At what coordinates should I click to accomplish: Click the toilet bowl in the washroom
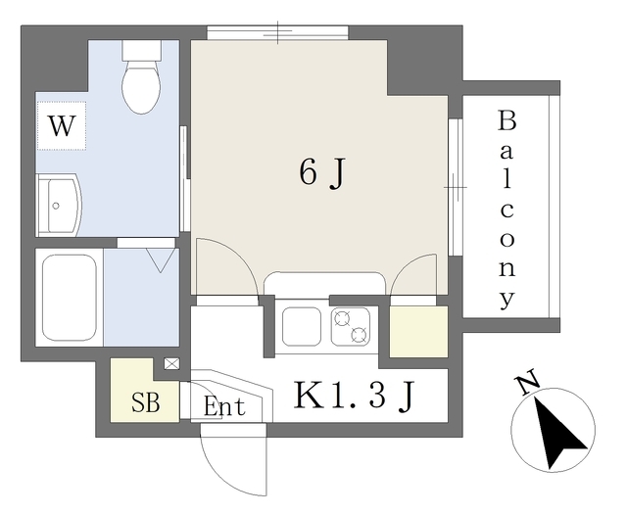coord(141,87)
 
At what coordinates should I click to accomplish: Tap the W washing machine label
coord(61,125)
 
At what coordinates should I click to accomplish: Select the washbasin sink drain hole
coord(56,207)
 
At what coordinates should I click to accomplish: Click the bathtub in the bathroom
coord(70,298)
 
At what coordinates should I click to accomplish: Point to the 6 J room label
coord(321,173)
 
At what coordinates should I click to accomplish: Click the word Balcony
coord(506,210)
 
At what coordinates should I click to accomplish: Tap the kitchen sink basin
coord(301,326)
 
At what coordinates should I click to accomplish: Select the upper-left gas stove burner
coord(342,319)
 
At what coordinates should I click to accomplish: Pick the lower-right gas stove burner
coord(359,335)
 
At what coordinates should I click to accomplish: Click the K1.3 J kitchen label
coord(354,396)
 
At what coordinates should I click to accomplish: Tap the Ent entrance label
coord(224,406)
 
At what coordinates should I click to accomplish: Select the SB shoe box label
coord(146,402)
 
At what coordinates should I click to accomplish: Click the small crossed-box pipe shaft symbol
coord(171,363)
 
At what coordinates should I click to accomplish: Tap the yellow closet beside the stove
coord(418,332)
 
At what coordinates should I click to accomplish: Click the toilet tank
coord(141,50)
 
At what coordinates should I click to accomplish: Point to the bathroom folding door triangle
coord(160,260)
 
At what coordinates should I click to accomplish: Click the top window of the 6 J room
coord(277,32)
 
